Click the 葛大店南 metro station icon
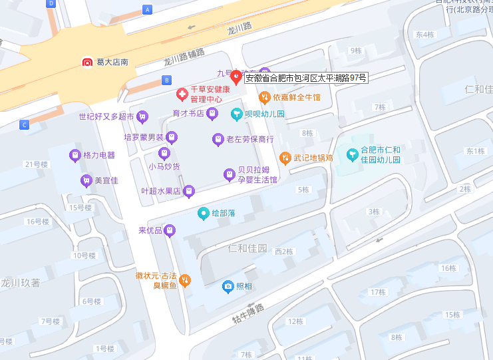coord(88,62)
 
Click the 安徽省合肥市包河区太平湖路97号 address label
coord(306,78)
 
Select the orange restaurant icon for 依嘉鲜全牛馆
coord(264,97)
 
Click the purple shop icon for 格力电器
coord(75,155)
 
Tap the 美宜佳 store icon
coord(86,180)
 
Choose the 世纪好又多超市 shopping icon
coord(142,116)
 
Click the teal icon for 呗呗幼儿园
coord(236,114)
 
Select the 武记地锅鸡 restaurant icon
coord(285,158)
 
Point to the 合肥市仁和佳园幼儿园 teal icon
coord(352,154)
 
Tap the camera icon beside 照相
coord(228,286)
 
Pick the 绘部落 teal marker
coord(203,214)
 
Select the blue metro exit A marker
coord(148,9)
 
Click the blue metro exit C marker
coord(24,124)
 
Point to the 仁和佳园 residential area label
coord(247,249)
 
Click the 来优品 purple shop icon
coord(170,230)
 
